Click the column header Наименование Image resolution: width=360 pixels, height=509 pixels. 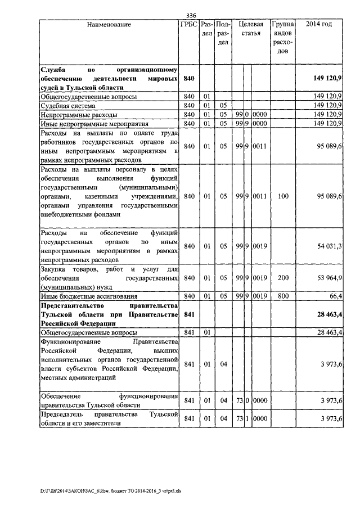tap(109, 25)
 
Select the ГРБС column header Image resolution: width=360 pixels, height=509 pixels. tap(189, 25)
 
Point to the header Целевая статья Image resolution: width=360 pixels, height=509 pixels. tap(251, 29)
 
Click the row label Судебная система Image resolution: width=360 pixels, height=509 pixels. tap(68, 105)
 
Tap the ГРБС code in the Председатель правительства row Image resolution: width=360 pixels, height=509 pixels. tap(189, 419)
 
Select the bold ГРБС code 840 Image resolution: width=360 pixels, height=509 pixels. tap(189, 79)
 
